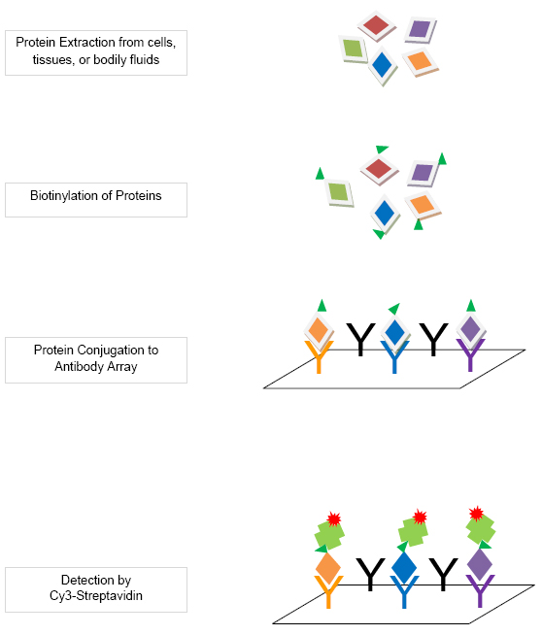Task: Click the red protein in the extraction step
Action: click(x=376, y=25)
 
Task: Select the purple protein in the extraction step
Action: click(x=420, y=29)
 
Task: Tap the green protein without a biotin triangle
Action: click(x=354, y=49)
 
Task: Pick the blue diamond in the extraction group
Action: click(x=382, y=65)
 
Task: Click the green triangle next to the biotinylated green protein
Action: click(x=320, y=174)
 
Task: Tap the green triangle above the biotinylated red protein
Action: click(x=382, y=149)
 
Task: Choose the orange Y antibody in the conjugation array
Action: click(x=320, y=356)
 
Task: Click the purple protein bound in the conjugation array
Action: click(x=471, y=330)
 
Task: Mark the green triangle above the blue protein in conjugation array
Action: click(x=395, y=309)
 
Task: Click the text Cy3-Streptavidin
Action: click(x=96, y=596)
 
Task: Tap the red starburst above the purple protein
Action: click(x=476, y=513)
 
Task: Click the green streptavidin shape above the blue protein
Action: click(x=413, y=531)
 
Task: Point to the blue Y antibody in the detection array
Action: click(x=404, y=591)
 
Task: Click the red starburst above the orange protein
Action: click(x=334, y=518)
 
